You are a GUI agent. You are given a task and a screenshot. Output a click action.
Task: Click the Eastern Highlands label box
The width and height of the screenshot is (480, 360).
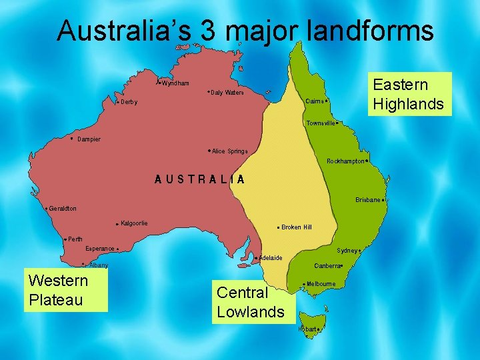[409, 94]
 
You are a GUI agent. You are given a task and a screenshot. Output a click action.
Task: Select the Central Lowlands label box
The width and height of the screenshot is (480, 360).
[251, 302]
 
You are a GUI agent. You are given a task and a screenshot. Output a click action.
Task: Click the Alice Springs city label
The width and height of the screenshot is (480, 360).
[229, 151]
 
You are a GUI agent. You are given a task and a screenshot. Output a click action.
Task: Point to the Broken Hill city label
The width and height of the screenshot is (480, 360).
[296, 227]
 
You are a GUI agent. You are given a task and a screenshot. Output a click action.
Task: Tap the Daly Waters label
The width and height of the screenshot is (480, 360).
[227, 93]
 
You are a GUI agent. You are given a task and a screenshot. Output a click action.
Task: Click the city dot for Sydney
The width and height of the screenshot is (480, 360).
[360, 251]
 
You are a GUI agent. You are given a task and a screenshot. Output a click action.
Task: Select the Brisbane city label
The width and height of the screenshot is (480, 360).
[367, 199]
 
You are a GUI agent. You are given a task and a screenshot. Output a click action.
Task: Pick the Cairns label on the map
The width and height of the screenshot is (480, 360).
[315, 101]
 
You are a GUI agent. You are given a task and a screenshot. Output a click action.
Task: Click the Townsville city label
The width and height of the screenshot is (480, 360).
[321, 123]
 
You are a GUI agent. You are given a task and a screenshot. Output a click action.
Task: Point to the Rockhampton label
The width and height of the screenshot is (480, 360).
[345, 161]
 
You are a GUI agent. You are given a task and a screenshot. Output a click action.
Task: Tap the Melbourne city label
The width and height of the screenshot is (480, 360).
[321, 284]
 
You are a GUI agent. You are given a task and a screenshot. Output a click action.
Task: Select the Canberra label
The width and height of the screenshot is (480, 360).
[327, 265]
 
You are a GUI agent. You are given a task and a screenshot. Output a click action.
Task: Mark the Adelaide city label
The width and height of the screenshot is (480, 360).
[271, 258]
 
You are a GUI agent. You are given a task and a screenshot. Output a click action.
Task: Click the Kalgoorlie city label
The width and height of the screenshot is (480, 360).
[134, 223]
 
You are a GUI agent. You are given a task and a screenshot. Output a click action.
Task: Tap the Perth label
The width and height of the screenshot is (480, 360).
[75, 239]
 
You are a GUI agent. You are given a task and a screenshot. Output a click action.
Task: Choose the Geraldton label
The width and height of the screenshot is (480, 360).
[62, 209]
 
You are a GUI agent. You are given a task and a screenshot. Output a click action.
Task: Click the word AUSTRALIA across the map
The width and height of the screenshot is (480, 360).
[200, 179]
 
